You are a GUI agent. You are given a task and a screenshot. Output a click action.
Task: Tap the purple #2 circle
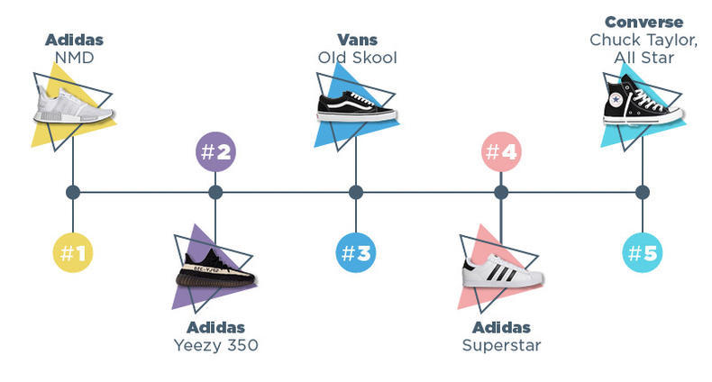(x=215, y=151)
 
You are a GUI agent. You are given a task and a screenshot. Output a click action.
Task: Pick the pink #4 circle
(x=501, y=151)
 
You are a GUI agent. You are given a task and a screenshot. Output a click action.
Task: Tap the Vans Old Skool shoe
(x=356, y=106)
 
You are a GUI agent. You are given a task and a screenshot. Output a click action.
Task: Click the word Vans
(x=357, y=41)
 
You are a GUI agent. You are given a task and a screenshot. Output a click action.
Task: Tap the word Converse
(x=644, y=22)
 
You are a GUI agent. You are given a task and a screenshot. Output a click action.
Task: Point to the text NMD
(x=73, y=59)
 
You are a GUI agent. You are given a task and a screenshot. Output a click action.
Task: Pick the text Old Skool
(x=357, y=59)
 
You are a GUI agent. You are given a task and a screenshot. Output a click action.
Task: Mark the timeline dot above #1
(x=73, y=192)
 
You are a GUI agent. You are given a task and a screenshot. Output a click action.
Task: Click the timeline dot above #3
(x=356, y=192)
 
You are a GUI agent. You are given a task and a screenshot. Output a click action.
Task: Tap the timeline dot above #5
(x=643, y=192)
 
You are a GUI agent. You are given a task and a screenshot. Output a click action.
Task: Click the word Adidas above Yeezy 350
(x=215, y=327)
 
